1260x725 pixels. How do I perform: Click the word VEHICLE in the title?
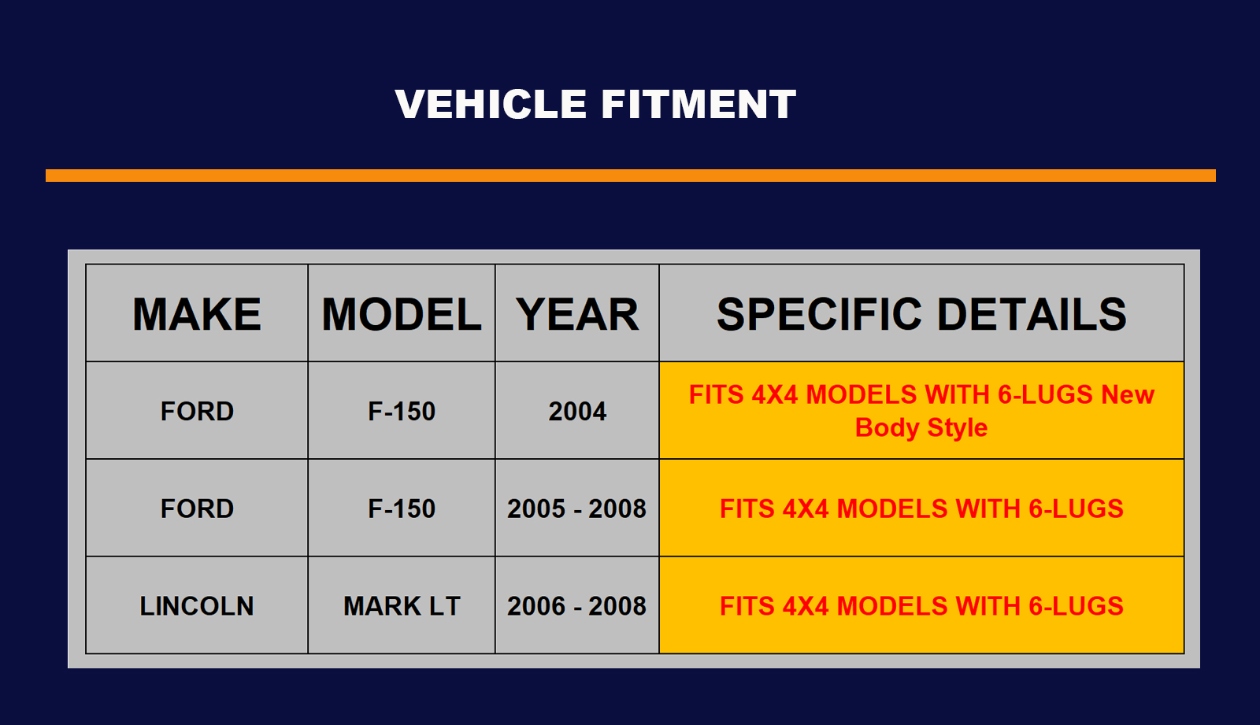(x=491, y=105)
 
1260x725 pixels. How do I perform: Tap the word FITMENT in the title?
(x=699, y=105)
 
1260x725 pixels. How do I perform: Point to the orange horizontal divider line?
(x=631, y=176)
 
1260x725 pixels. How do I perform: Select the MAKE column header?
(x=197, y=314)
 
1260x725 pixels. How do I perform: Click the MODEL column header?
(x=402, y=314)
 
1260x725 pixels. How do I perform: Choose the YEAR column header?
(x=577, y=314)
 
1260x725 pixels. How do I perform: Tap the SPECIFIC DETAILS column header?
(x=921, y=314)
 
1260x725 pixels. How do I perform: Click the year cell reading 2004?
(x=577, y=411)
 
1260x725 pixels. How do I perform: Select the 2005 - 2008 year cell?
(x=576, y=509)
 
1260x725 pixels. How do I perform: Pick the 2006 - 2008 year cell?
(x=576, y=606)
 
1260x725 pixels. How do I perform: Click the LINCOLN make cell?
(x=197, y=606)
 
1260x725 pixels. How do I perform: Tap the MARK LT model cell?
(x=402, y=606)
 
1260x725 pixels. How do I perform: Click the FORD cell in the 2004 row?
(x=197, y=411)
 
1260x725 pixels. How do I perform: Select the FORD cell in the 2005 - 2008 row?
(x=197, y=509)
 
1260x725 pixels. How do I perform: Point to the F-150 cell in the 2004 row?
(x=402, y=411)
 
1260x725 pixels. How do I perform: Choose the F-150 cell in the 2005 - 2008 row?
(x=402, y=509)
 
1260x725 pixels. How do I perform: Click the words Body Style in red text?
(x=921, y=428)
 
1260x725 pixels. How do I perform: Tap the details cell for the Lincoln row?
(x=921, y=606)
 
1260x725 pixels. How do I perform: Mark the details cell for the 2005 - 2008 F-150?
(x=921, y=509)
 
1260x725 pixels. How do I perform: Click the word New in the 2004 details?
(x=1128, y=394)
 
